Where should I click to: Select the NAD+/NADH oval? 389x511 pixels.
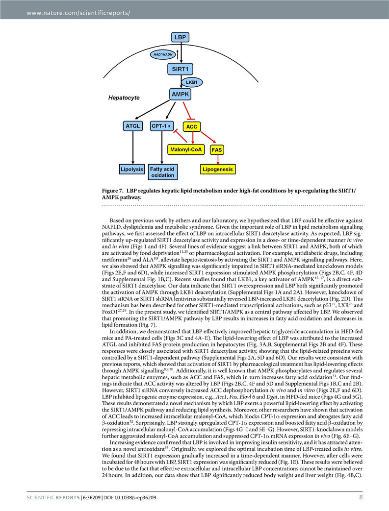[165, 54]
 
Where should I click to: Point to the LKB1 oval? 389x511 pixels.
[192, 82]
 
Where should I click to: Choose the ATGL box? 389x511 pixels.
[133, 126]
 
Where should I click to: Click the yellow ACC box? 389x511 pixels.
[192, 127]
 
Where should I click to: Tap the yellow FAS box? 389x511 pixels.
[216, 149]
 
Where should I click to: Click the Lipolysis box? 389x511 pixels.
[132, 170]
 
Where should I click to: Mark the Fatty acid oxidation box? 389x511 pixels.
[162, 172]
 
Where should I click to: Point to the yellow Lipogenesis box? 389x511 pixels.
[218, 170]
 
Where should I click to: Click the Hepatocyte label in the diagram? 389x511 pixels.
[124, 98]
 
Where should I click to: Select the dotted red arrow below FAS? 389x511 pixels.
[217, 159]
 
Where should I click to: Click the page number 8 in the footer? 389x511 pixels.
[361, 497]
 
